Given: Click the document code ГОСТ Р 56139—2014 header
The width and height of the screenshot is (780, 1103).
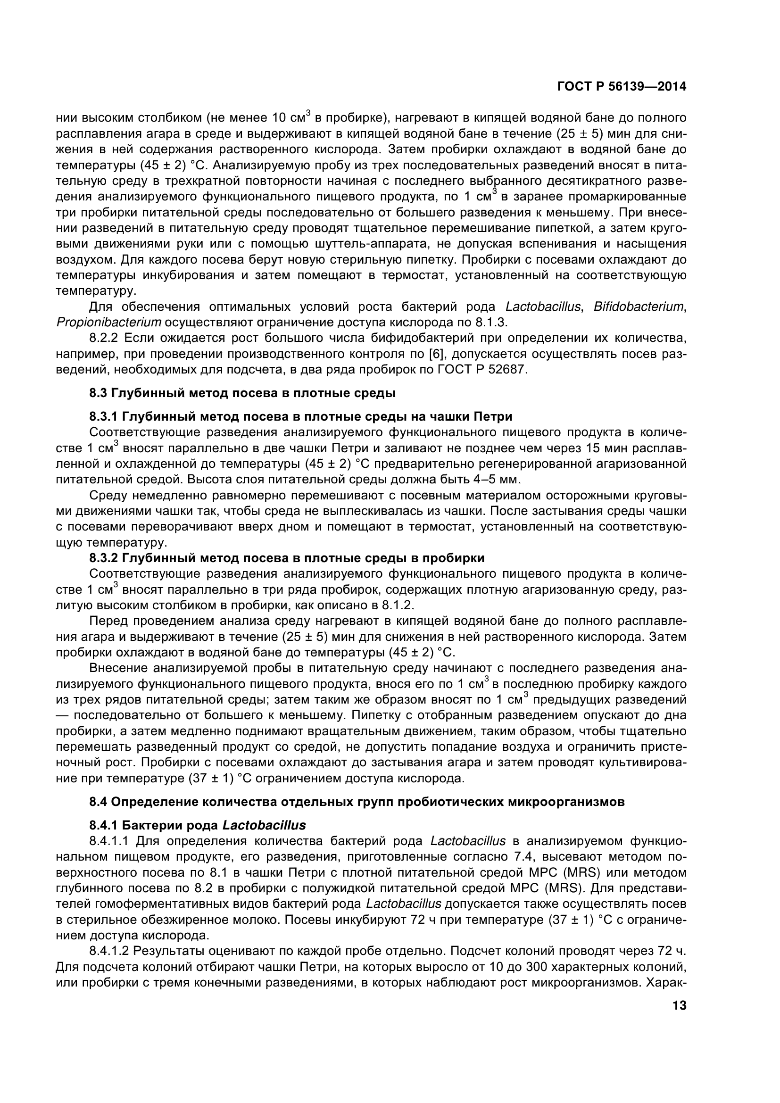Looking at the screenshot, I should coord(622,86).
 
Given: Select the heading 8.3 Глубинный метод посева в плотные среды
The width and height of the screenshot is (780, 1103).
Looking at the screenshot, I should coord(242,393).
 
